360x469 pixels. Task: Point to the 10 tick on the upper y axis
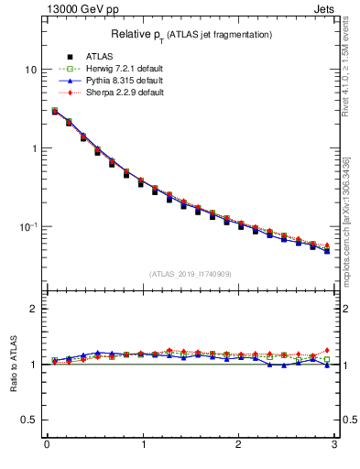coord(31,70)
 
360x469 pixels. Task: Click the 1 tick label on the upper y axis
coord(34,148)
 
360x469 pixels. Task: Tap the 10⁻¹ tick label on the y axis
coord(28,226)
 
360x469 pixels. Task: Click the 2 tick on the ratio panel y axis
coord(34,309)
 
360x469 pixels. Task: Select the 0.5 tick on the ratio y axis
coord(30,420)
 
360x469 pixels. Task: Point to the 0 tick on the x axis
coord(47,445)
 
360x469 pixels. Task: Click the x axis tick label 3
coord(333,445)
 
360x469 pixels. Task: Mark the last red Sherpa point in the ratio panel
coord(326,350)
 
